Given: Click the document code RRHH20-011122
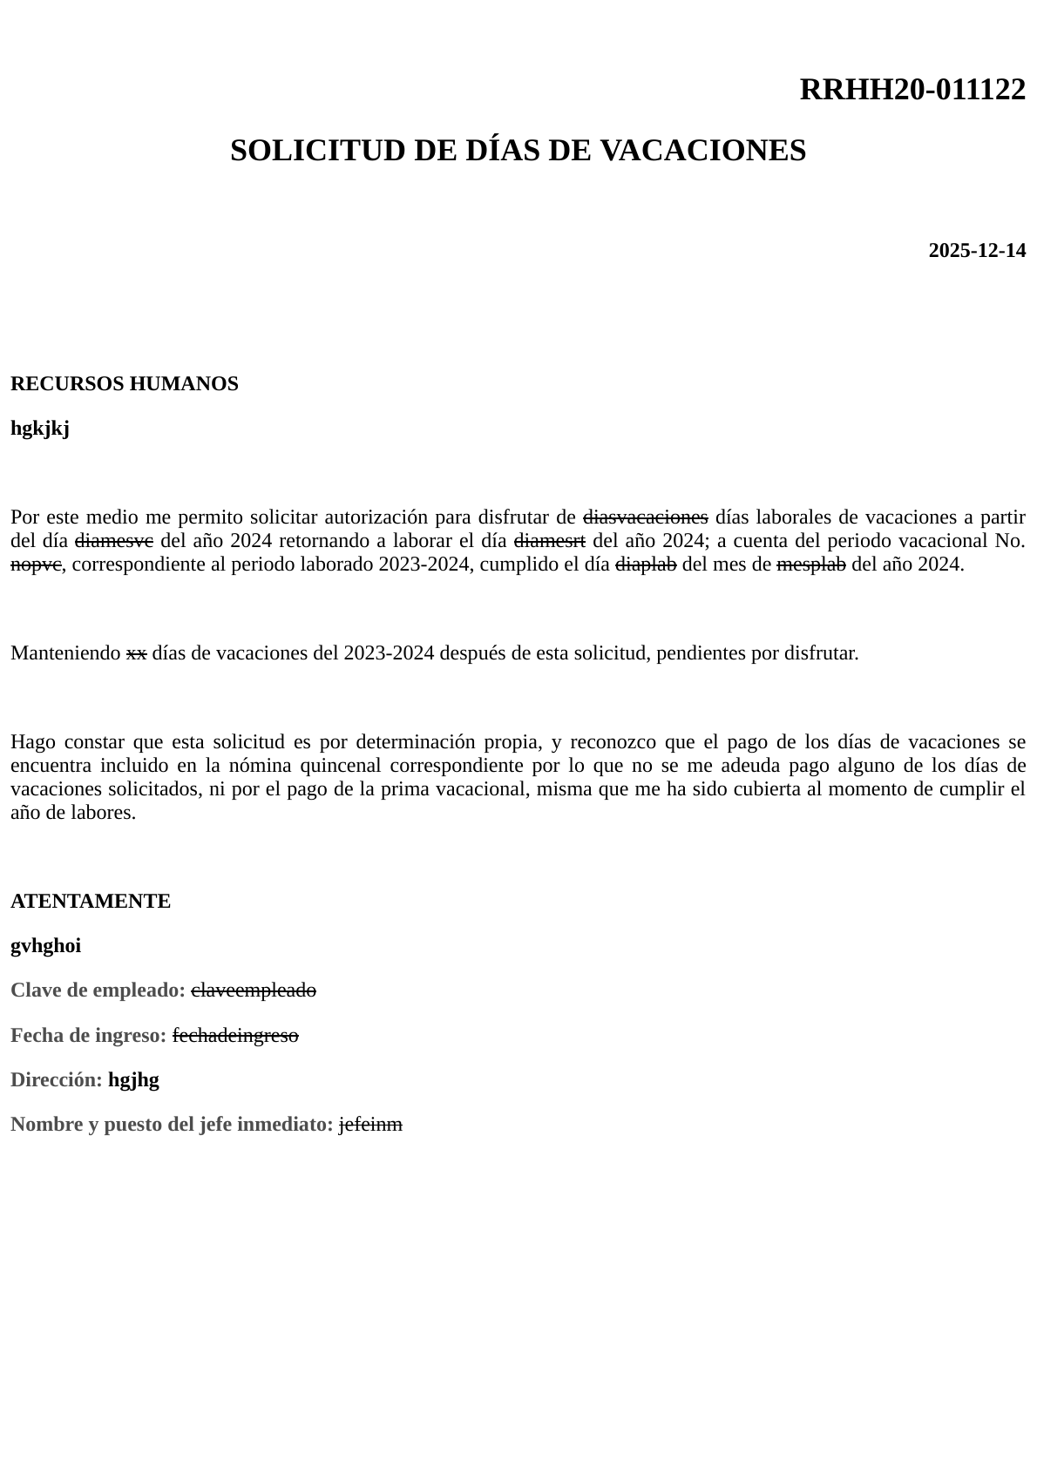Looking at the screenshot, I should click(912, 89).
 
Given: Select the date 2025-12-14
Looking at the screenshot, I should click(976, 251).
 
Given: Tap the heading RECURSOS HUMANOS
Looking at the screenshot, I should click(125, 384).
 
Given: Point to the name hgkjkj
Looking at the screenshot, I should click(40, 429).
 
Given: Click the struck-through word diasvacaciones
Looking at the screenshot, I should click(645, 517).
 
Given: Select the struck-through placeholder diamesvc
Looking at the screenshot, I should click(114, 540).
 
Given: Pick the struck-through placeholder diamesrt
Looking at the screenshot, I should click(550, 540).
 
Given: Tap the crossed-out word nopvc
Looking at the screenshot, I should click(36, 564).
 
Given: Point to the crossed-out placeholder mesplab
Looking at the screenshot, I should click(810, 564).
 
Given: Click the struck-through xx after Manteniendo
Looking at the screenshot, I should click(136, 653).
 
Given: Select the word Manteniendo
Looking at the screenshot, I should click(65, 653).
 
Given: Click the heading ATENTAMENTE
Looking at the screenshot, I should click(91, 902).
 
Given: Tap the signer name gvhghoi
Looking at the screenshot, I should click(46, 946).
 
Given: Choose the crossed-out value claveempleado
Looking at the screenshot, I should click(254, 990).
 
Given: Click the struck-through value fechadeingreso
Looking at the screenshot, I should click(235, 1036).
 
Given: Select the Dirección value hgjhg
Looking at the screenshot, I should click(133, 1080).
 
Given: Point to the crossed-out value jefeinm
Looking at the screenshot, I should click(370, 1125).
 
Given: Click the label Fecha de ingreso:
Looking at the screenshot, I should click(89, 1036).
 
